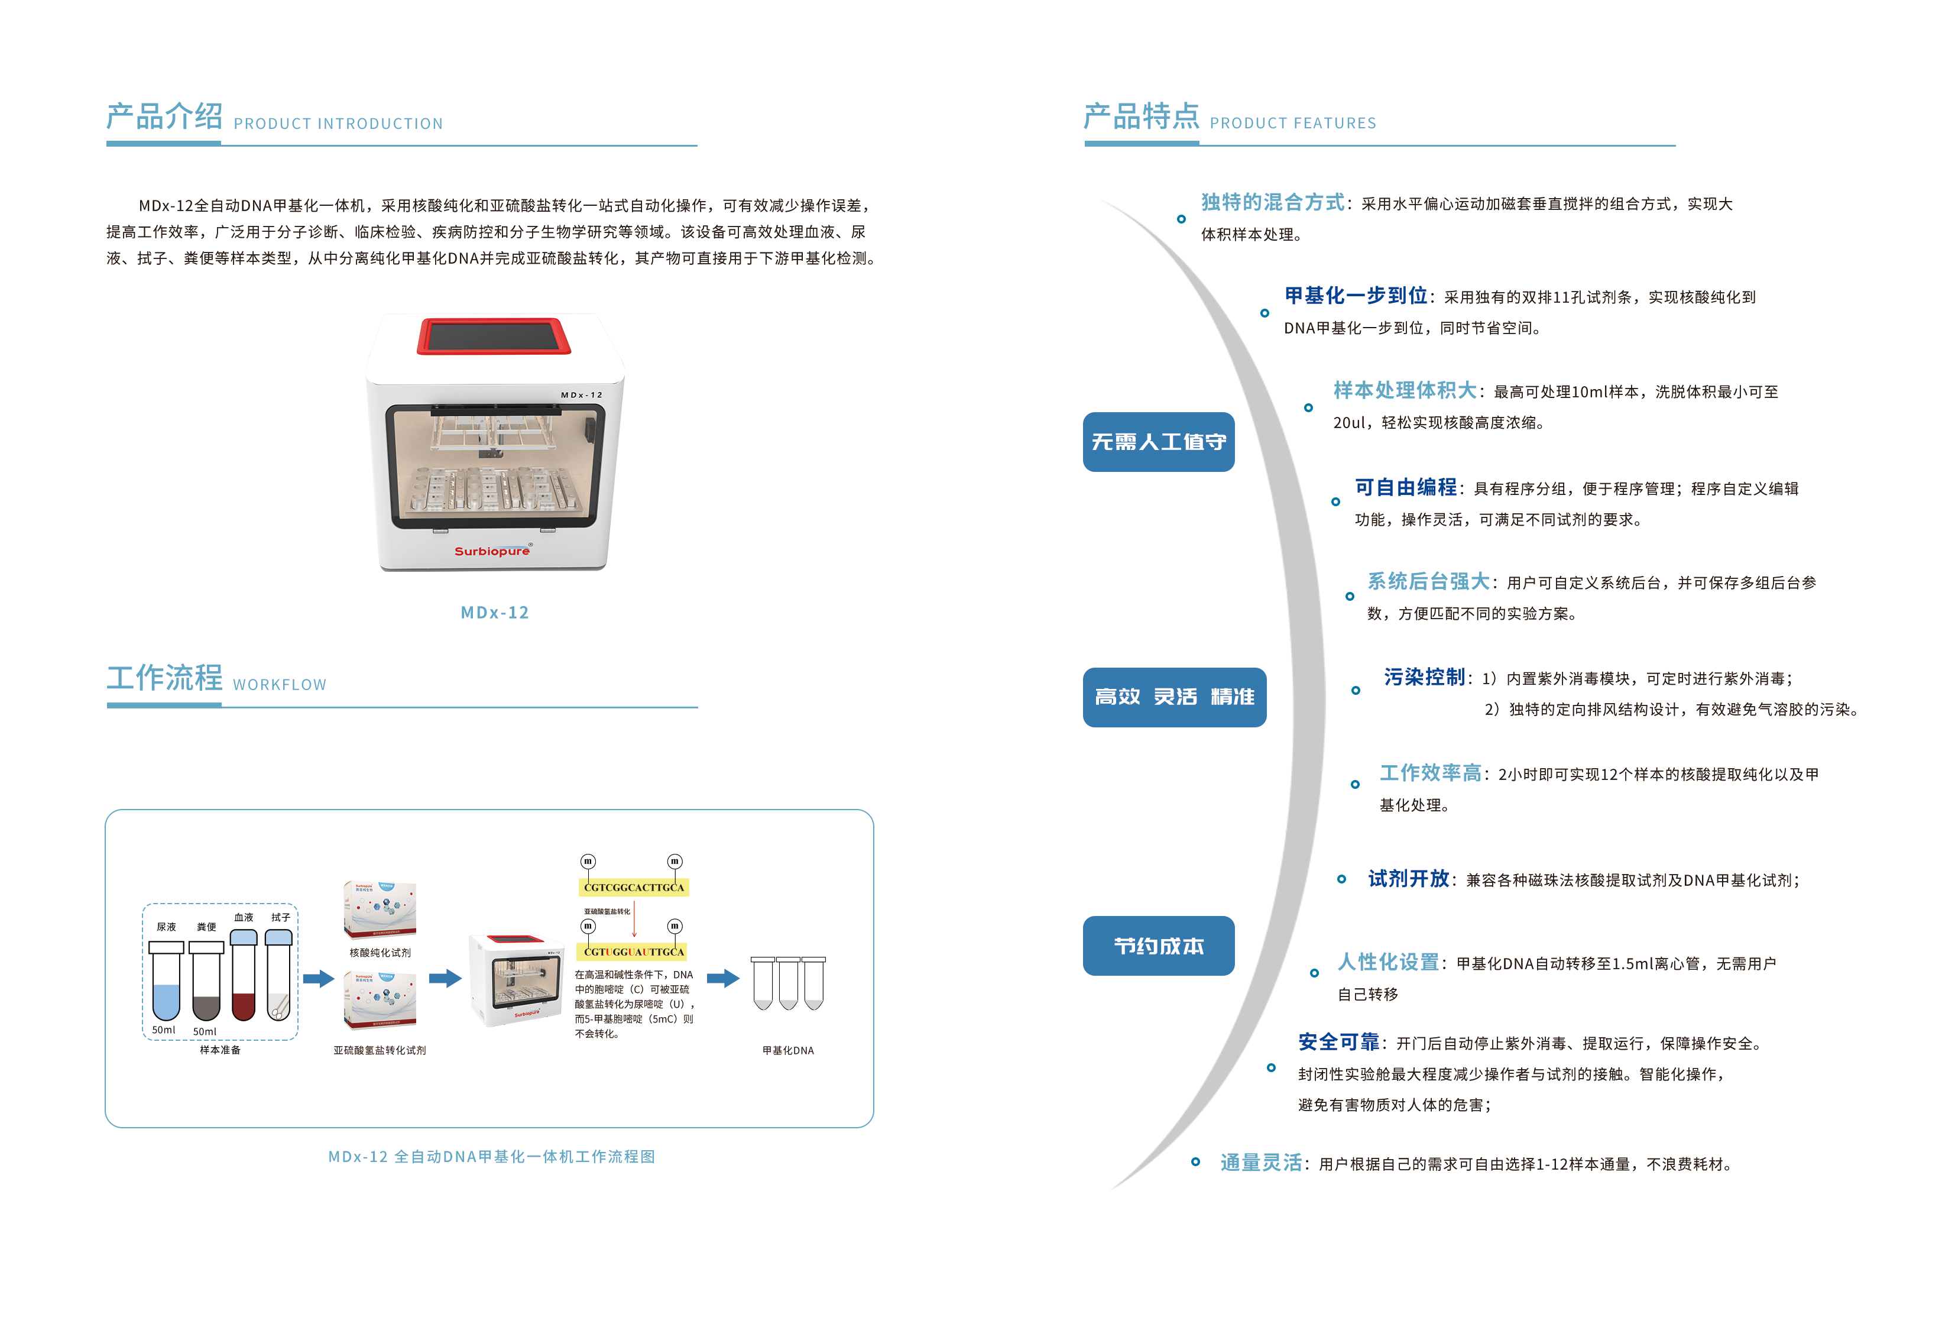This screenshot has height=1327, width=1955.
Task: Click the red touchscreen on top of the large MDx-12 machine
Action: coord(494,336)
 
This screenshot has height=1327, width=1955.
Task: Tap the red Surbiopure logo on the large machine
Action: coord(492,551)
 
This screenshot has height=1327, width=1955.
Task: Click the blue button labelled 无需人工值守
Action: coord(1158,442)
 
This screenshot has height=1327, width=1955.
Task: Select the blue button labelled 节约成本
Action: coord(1158,946)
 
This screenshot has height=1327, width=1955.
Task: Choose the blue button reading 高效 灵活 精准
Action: coord(1173,697)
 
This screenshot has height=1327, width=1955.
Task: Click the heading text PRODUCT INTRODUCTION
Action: coord(338,124)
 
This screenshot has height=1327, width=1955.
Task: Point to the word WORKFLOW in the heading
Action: coord(279,685)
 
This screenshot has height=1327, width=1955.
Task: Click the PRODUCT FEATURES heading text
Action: coord(1292,123)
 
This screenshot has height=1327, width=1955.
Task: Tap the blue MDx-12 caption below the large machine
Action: coord(495,613)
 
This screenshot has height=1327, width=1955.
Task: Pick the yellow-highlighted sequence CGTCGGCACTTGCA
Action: coord(634,887)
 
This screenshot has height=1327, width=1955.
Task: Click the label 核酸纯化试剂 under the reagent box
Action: coord(380,953)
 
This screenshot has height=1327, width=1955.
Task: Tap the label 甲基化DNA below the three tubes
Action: coord(787,1050)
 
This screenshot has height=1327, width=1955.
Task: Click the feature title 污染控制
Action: coord(1424,677)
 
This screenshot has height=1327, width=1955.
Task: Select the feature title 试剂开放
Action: coord(1408,879)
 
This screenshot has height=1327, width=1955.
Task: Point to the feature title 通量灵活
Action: coord(1260,1163)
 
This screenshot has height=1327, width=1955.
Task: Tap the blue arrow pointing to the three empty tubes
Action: coord(722,978)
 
